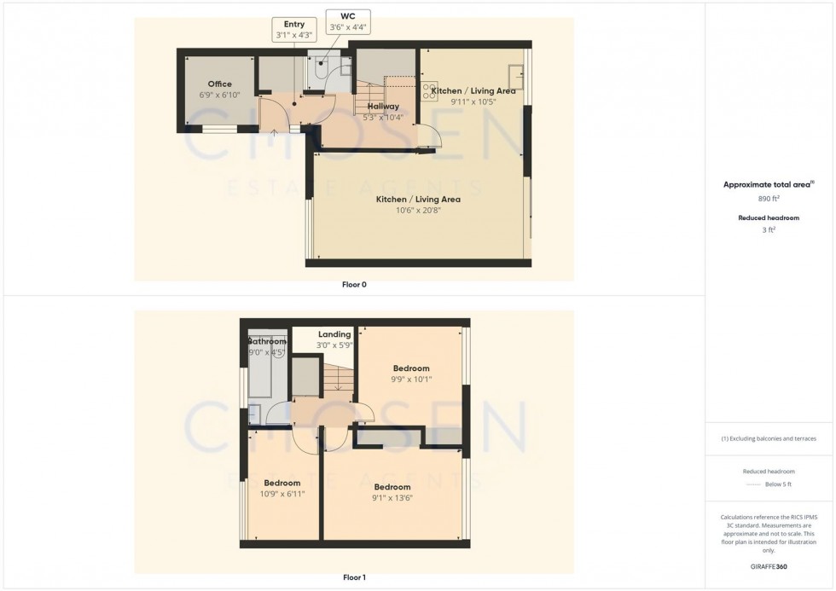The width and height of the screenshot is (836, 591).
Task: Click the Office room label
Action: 219,84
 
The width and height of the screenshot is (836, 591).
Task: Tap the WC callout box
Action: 347,21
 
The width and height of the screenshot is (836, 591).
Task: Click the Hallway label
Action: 383,106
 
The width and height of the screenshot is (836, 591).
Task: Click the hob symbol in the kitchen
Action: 427,91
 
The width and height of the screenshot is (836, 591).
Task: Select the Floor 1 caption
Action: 354,577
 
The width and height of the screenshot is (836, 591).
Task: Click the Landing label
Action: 334,334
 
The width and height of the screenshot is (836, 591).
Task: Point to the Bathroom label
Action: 267,341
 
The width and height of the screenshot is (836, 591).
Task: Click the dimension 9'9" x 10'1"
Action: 411,380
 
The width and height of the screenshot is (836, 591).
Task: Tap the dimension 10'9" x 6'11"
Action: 281,494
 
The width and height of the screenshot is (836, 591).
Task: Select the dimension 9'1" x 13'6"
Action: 392,498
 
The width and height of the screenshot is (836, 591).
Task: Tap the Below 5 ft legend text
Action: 777,484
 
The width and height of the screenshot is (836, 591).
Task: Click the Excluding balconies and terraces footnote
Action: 769,438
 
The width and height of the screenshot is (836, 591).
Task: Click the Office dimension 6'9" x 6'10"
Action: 219,95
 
